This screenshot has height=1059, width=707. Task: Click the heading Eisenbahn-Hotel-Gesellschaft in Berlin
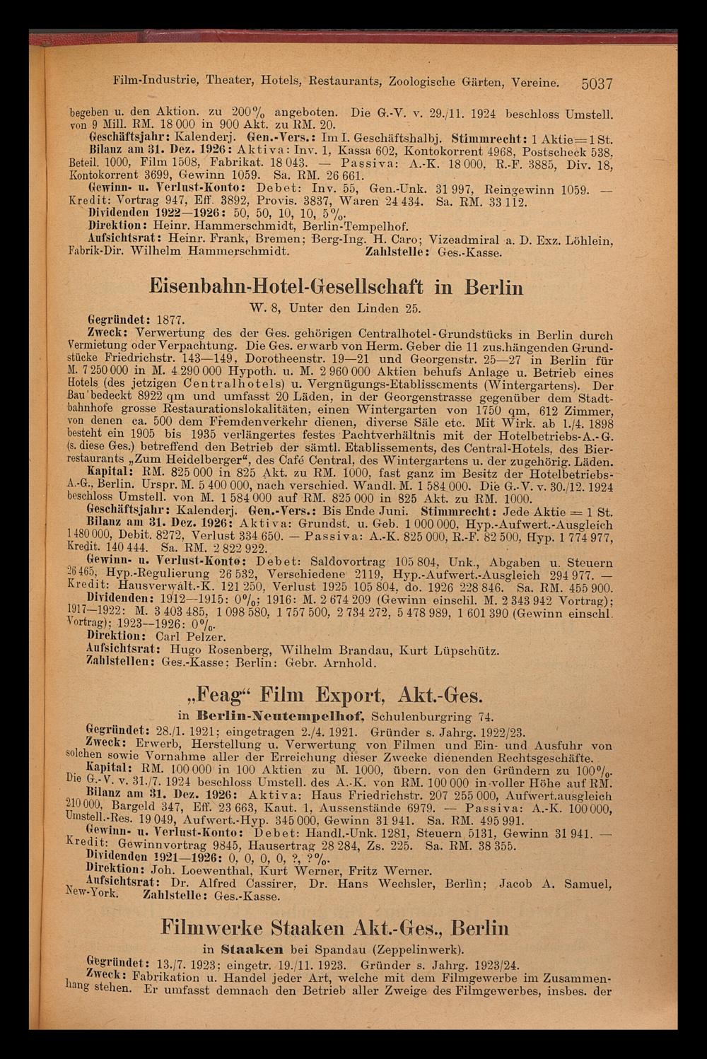[337, 287]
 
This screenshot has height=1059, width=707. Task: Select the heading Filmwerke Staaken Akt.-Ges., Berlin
[334, 928]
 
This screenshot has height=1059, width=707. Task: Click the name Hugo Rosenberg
[214, 650]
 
